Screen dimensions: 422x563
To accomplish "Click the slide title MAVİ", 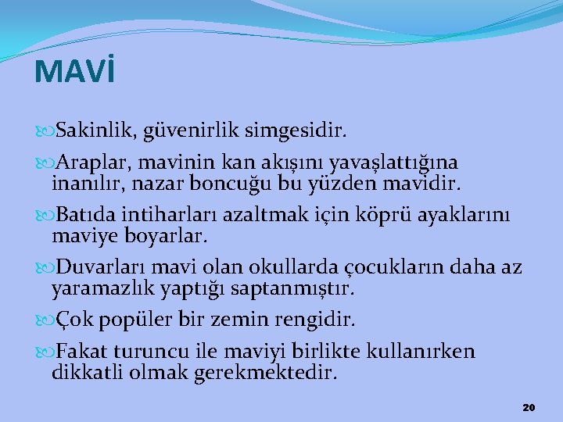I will tap(75, 72).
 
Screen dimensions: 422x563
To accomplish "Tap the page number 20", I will tap(529, 408).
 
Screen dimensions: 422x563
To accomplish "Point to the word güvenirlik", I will tap(200, 127).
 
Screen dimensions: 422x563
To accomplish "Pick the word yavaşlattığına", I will tap(395, 163).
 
